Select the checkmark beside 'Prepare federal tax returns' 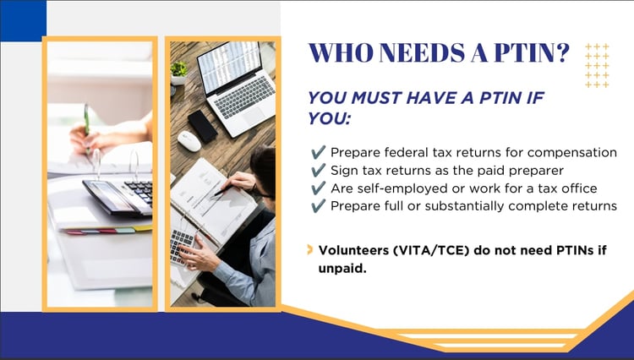click(x=319, y=152)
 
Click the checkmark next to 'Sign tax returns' click(x=319, y=170)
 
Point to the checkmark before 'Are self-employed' click(x=319, y=188)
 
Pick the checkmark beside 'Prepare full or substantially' click(x=319, y=206)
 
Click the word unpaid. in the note click(x=342, y=269)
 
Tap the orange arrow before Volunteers click(x=310, y=249)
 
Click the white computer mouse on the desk click(x=189, y=141)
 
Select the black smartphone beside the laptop click(x=202, y=126)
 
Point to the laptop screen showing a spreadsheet click(x=229, y=66)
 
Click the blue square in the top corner click(x=23, y=20)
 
